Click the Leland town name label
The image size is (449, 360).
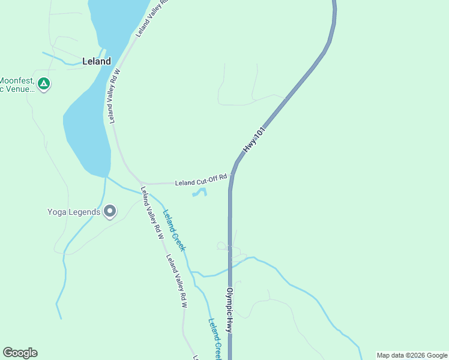click(x=96, y=61)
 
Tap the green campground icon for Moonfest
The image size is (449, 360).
click(x=43, y=83)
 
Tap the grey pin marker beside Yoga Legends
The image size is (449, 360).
click(x=110, y=211)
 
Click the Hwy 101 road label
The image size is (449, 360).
click(x=253, y=140)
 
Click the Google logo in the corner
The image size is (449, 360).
click(x=20, y=353)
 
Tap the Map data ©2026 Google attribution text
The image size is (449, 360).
click(x=412, y=355)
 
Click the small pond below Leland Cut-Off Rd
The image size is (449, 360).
click(x=200, y=193)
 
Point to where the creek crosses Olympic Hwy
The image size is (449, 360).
click(x=229, y=268)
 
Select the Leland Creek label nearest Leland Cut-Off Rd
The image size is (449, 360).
click(x=175, y=230)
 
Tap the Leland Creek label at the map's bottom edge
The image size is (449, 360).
click(x=215, y=338)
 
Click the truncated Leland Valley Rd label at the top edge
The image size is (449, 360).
click(x=150, y=19)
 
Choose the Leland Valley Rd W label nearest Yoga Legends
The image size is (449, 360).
click(x=152, y=214)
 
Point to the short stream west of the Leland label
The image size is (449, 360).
click(x=66, y=61)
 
